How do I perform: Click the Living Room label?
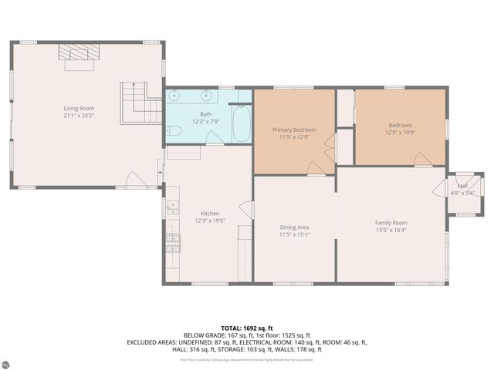tap(79, 109)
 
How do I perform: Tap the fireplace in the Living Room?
tap(80, 52)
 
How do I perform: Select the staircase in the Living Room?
tap(133, 103)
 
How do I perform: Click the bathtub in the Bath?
tap(241, 124)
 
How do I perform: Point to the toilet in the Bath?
tap(174, 132)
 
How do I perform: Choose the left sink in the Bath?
tap(177, 97)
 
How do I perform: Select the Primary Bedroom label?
tap(294, 130)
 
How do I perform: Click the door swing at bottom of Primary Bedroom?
tap(316, 169)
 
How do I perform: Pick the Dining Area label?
tap(294, 227)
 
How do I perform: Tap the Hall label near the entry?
tap(463, 187)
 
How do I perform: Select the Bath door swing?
tap(215, 138)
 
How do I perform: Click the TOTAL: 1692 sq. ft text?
tap(247, 328)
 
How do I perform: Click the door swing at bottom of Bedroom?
tap(422, 160)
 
